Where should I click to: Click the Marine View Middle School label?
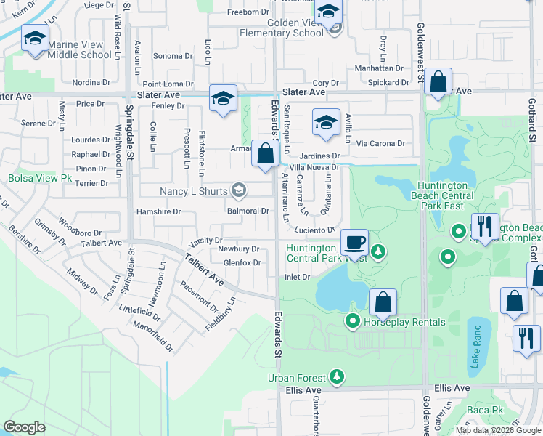pyautogui.click(x=80, y=49)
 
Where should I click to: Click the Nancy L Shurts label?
pyautogui.click(x=194, y=191)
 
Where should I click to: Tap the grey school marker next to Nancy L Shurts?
pyautogui.click(x=238, y=191)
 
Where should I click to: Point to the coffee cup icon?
pyautogui.click(x=354, y=242)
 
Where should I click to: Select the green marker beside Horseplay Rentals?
pyautogui.click(x=354, y=320)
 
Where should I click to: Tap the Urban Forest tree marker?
pyautogui.click(x=336, y=376)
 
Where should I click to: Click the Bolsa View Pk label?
pyautogui.click(x=40, y=178)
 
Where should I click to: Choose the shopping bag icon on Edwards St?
pyautogui.click(x=266, y=153)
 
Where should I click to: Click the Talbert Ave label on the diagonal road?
pyautogui.click(x=204, y=268)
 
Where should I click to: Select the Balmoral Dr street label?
pyautogui.click(x=248, y=211)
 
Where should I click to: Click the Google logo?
pyautogui.click(x=24, y=427)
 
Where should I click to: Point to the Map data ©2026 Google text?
pyautogui.click(x=497, y=430)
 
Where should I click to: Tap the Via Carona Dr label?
pyautogui.click(x=380, y=144)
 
